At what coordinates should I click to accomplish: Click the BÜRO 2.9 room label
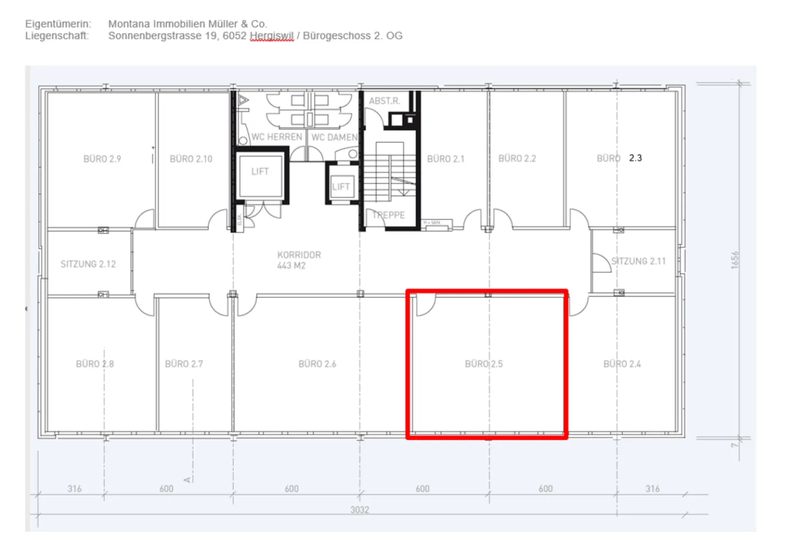tap(102, 159)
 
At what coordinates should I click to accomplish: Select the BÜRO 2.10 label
tap(191, 159)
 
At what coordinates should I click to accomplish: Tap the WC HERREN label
tap(277, 137)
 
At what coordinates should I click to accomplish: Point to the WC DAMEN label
tap(334, 137)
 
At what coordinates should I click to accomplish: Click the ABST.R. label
tap(384, 101)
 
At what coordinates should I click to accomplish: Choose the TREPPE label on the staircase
tap(389, 215)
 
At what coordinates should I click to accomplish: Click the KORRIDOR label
tap(299, 255)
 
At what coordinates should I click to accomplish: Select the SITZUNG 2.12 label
tap(88, 264)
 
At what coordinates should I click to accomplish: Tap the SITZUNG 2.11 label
tap(639, 261)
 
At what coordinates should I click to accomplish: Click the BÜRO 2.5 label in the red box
tap(483, 364)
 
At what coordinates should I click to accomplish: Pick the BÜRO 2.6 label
tap(317, 364)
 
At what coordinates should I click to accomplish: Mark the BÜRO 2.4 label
tap(622, 364)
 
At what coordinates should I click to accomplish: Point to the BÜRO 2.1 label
tap(446, 159)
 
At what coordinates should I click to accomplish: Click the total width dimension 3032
tap(360, 510)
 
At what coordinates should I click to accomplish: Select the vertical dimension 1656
tap(735, 260)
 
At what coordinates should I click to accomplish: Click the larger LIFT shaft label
tap(260, 172)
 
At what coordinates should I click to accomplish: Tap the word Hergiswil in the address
tap(272, 36)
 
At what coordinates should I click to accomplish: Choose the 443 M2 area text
tap(291, 266)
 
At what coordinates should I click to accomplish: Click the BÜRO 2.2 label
tap(517, 158)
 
